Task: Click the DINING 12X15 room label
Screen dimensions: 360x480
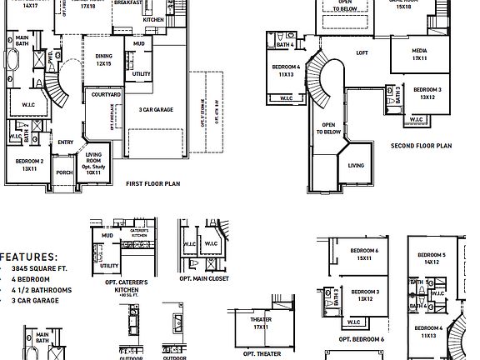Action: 103,61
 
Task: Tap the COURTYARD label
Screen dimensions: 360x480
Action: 106,96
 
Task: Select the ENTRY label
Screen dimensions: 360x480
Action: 66,142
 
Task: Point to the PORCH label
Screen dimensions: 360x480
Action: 64,173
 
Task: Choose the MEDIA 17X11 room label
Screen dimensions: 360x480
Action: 419,56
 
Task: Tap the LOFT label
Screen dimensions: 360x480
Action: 362,53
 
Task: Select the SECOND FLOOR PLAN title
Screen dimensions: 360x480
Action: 421,145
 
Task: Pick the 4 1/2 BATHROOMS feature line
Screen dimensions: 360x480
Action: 42,291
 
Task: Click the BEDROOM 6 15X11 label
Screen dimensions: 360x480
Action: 364,255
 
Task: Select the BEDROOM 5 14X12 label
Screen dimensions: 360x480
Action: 432,258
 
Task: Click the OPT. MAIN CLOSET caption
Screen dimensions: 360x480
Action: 203,278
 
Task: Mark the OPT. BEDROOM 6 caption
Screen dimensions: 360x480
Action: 361,340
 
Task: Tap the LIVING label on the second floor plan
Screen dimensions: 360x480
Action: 356,166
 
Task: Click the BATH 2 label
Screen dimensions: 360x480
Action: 26,127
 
